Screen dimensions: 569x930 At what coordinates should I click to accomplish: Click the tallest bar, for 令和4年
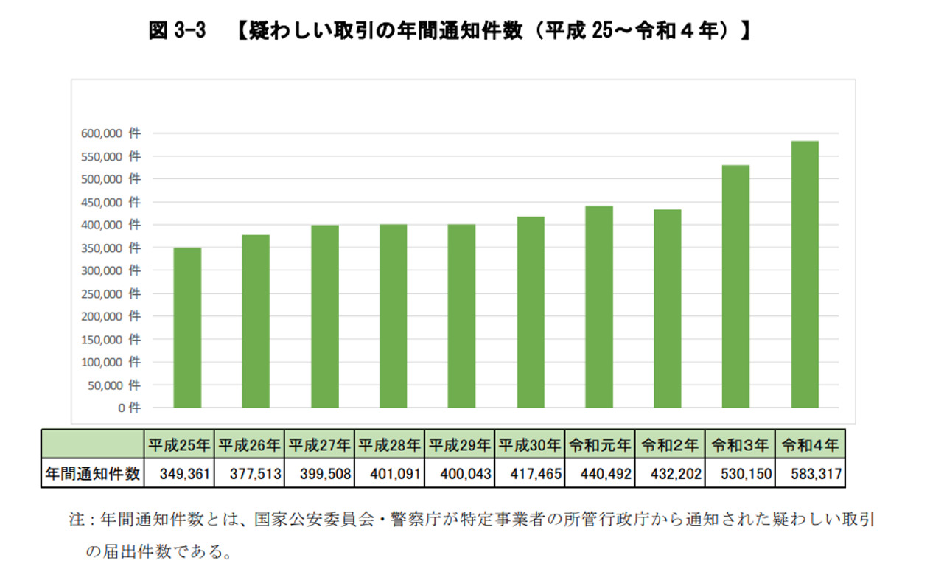[804, 274]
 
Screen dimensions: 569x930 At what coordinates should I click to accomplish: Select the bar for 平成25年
[186, 328]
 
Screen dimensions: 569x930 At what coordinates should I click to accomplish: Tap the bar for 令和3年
[735, 287]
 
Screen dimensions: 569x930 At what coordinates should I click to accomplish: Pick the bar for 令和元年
[598, 307]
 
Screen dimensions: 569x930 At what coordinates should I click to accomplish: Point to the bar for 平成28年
[393, 316]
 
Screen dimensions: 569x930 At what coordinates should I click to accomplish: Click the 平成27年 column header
[318, 446]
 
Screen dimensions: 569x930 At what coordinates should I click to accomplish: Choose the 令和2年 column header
[669, 446]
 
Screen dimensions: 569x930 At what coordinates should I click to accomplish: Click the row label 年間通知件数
[92, 474]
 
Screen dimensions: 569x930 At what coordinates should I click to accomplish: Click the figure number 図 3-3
[176, 32]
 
